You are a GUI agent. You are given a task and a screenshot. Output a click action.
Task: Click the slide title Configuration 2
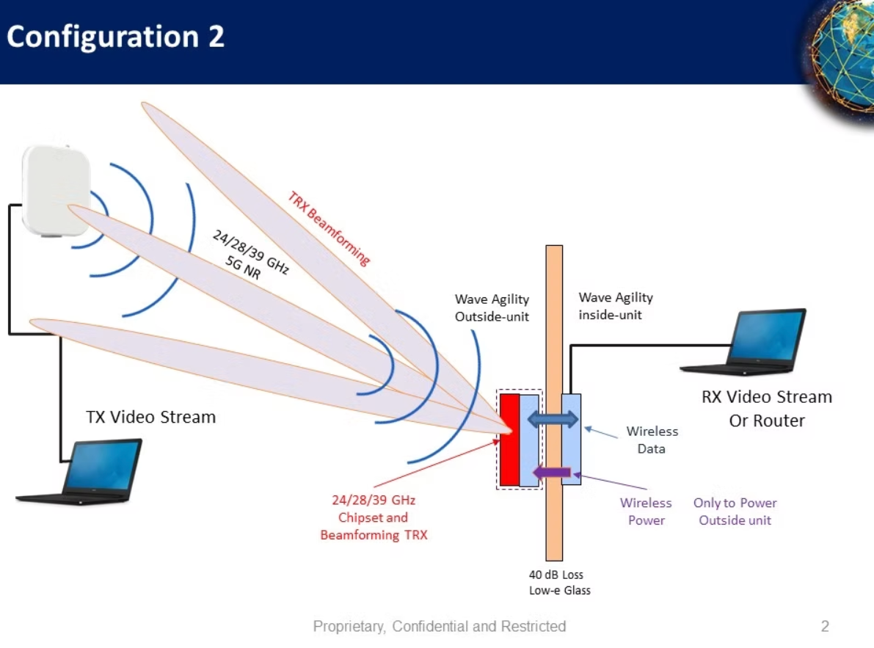(x=115, y=36)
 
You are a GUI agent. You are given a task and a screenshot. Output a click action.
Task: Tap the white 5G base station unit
(x=56, y=189)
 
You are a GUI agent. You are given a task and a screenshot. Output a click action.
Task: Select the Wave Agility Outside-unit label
(x=492, y=307)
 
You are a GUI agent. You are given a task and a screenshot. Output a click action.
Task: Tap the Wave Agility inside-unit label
(x=615, y=306)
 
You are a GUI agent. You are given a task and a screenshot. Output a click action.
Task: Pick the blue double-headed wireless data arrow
(x=553, y=419)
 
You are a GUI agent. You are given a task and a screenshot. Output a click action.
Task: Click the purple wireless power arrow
(x=552, y=472)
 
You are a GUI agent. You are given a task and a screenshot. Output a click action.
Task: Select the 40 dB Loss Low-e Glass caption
(x=559, y=583)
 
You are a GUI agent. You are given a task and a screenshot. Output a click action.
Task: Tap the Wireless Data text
(x=652, y=440)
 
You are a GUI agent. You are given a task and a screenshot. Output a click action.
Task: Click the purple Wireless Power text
(x=646, y=512)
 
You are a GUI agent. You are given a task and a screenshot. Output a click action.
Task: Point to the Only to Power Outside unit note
(x=735, y=512)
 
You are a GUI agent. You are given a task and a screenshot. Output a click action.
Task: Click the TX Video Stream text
(x=151, y=417)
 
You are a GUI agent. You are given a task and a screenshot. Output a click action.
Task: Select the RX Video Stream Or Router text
(x=767, y=409)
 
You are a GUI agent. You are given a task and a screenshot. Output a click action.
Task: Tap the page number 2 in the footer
(x=825, y=626)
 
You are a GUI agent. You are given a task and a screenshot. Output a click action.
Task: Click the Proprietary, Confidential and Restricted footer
(x=439, y=626)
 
